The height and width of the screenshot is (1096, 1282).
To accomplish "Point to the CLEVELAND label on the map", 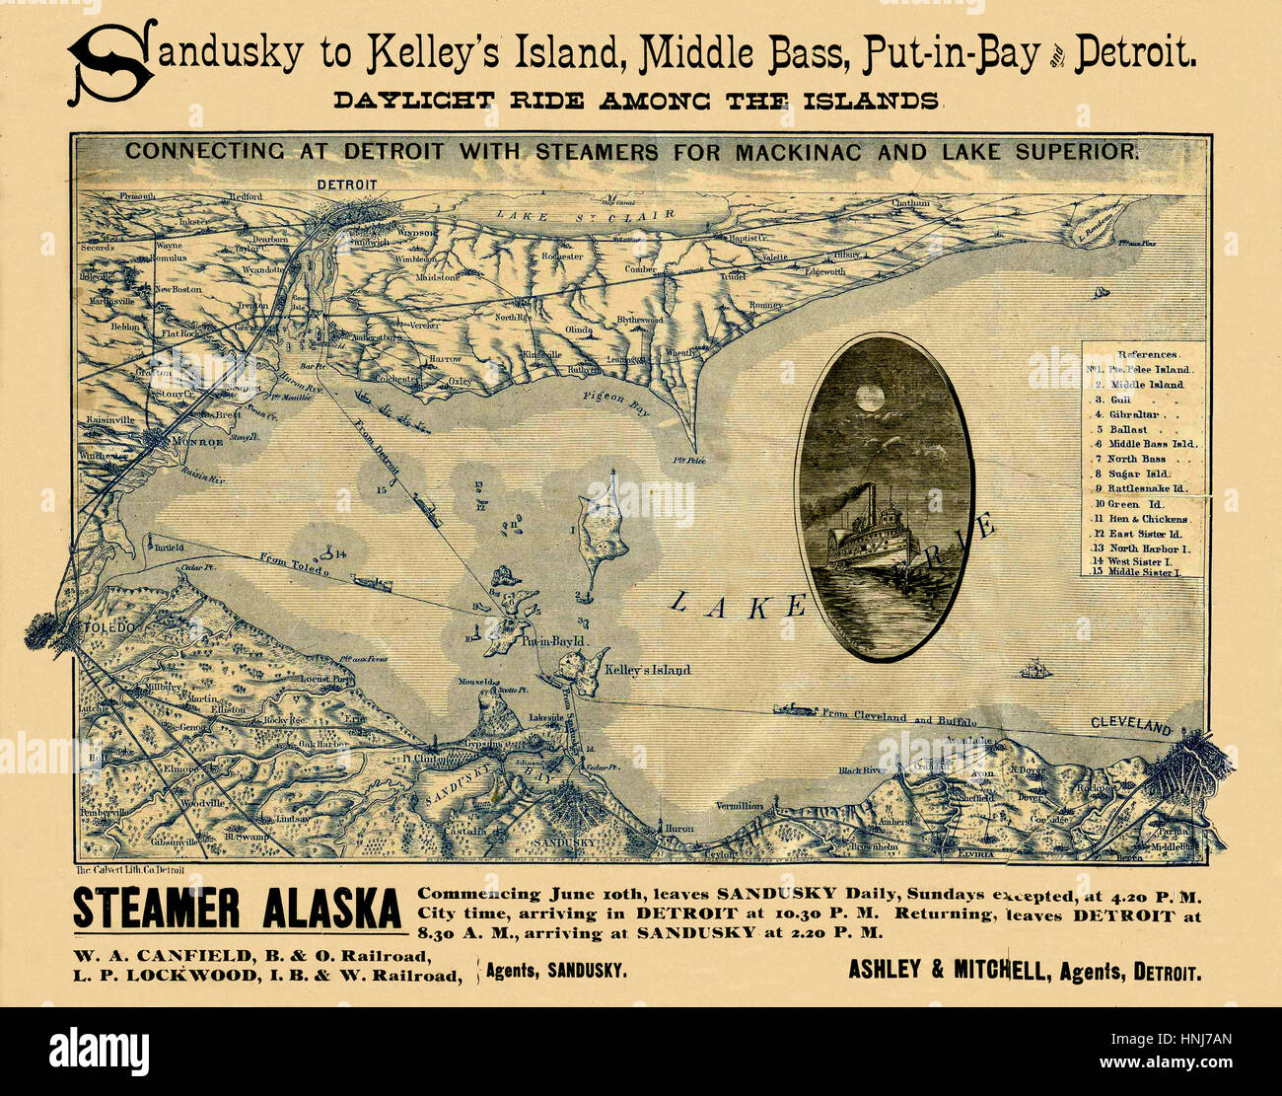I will (x=1131, y=726).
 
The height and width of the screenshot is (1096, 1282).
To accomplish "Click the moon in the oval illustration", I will (x=870, y=397).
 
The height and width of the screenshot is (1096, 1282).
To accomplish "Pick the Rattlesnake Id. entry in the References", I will (x=1146, y=488).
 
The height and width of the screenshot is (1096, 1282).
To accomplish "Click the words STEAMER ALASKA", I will (x=237, y=910).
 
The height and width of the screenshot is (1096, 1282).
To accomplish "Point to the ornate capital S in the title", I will (x=110, y=61).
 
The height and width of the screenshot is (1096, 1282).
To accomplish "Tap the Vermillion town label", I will (x=740, y=806).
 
